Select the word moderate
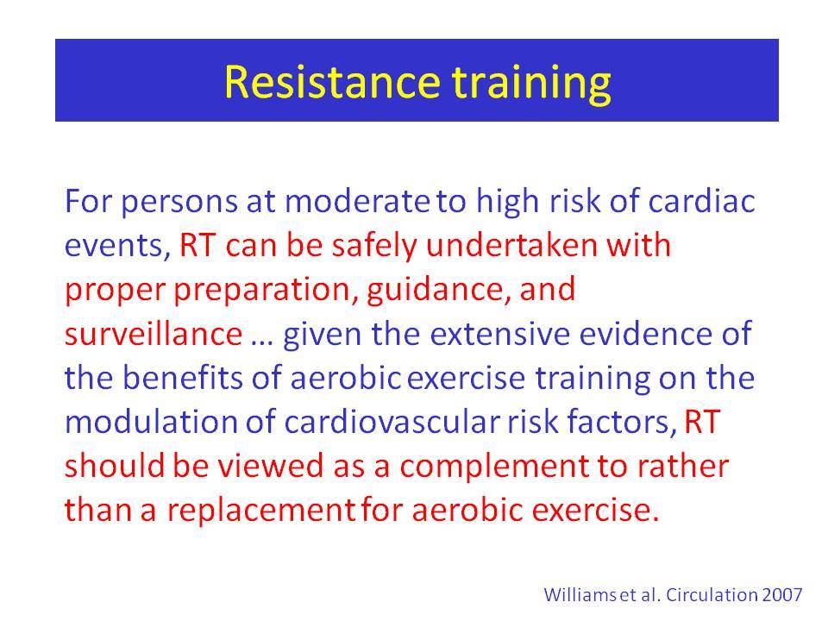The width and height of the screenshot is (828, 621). coord(357,201)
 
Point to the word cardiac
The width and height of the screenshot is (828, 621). coord(701,201)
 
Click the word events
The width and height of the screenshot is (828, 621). coord(117,247)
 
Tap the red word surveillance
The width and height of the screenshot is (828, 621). coord(154,334)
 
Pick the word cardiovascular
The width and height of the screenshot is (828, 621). coord(392,422)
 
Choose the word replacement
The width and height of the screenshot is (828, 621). coord(261,512)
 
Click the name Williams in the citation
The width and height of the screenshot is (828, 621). coord(580,594)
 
